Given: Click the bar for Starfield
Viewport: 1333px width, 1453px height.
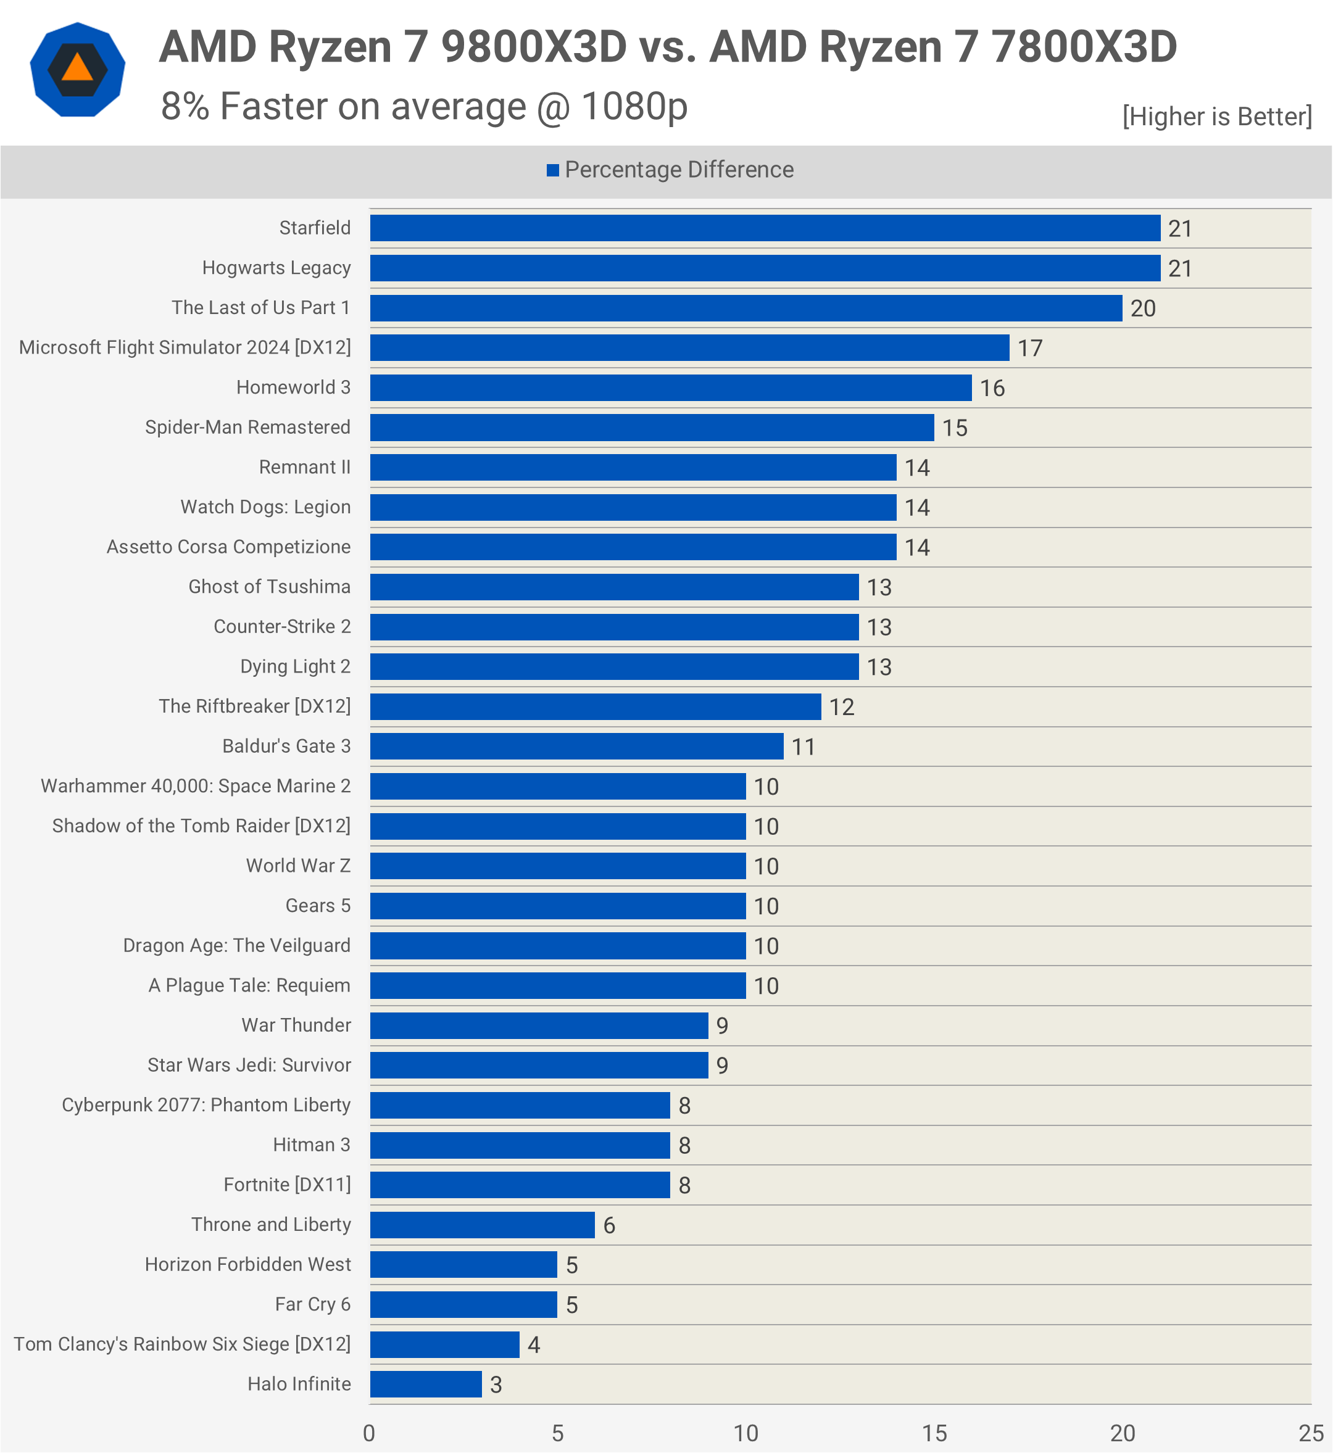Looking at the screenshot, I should [x=765, y=228].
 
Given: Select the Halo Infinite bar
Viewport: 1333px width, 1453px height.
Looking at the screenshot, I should [x=426, y=1384].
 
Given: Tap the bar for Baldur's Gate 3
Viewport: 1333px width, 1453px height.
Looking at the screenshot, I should [x=576, y=747].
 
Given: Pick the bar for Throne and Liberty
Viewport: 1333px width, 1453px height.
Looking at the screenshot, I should [x=482, y=1225].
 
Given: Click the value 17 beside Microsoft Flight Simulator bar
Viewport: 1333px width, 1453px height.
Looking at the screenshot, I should [x=1030, y=348].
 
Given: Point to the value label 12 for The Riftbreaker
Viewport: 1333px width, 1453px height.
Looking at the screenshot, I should [x=841, y=706].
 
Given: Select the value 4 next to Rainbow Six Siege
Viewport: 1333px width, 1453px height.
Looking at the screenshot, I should [x=534, y=1345].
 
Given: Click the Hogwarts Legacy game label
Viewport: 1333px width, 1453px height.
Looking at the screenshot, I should [x=276, y=268].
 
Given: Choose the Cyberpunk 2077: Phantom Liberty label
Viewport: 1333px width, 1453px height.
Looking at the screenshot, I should [x=206, y=1105].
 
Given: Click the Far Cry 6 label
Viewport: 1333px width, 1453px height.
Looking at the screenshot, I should [x=312, y=1304].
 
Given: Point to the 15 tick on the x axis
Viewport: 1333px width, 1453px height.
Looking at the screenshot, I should [x=934, y=1433].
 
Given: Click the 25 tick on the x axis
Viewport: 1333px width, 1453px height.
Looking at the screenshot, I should [x=1310, y=1433].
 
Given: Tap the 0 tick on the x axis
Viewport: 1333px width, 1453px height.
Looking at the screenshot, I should [x=369, y=1433].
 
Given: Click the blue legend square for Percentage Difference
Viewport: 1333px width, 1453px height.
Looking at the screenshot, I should [x=553, y=170].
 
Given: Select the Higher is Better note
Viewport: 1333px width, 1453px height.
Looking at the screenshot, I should [x=1217, y=116].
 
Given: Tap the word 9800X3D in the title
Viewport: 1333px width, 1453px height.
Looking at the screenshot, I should [x=534, y=47].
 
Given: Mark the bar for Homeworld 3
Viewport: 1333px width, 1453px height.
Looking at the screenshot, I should [x=670, y=387].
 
